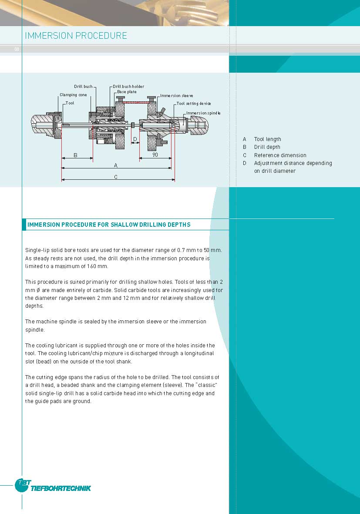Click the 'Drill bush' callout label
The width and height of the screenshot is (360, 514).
83,87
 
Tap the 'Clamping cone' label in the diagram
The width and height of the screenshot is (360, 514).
73,95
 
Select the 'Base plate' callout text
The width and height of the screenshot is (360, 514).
127,92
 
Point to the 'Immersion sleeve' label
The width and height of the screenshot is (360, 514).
176,96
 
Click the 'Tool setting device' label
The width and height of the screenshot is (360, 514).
194,104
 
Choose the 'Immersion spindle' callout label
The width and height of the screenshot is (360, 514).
203,113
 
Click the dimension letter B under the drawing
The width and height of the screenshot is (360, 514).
75,155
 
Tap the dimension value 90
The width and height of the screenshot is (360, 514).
155,155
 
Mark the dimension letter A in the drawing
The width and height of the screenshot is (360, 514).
116,165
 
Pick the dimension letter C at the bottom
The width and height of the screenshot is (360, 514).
116,177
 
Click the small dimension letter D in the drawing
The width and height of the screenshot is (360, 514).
135,139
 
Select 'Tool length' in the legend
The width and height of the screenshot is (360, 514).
267,139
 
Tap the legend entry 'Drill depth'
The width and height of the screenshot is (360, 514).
267,147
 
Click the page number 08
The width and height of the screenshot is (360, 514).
17,49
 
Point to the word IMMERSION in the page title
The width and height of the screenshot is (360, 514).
48,36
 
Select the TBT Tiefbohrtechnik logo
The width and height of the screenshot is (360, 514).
53,486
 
